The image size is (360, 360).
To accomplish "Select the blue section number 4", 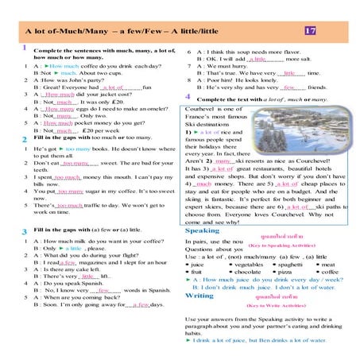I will coord(188,95).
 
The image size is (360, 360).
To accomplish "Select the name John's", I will coord(74,80).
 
